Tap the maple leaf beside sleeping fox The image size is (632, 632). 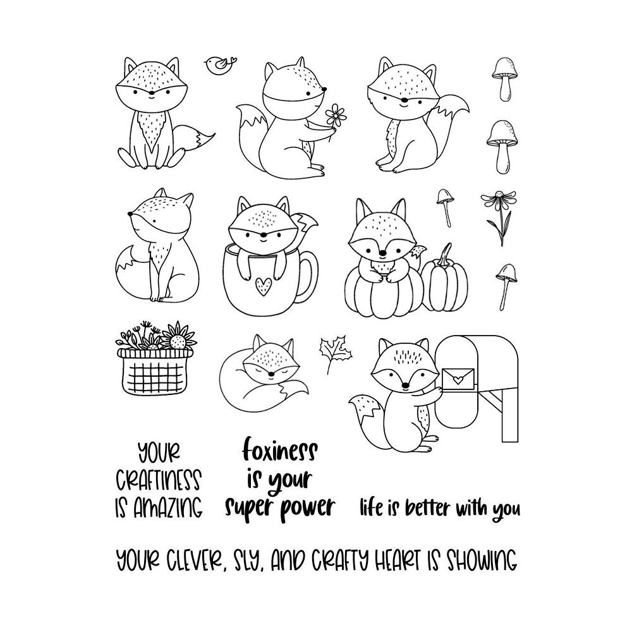[x=330, y=353]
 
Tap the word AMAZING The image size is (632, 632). [x=168, y=507]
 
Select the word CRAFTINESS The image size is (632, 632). [x=158, y=480]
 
